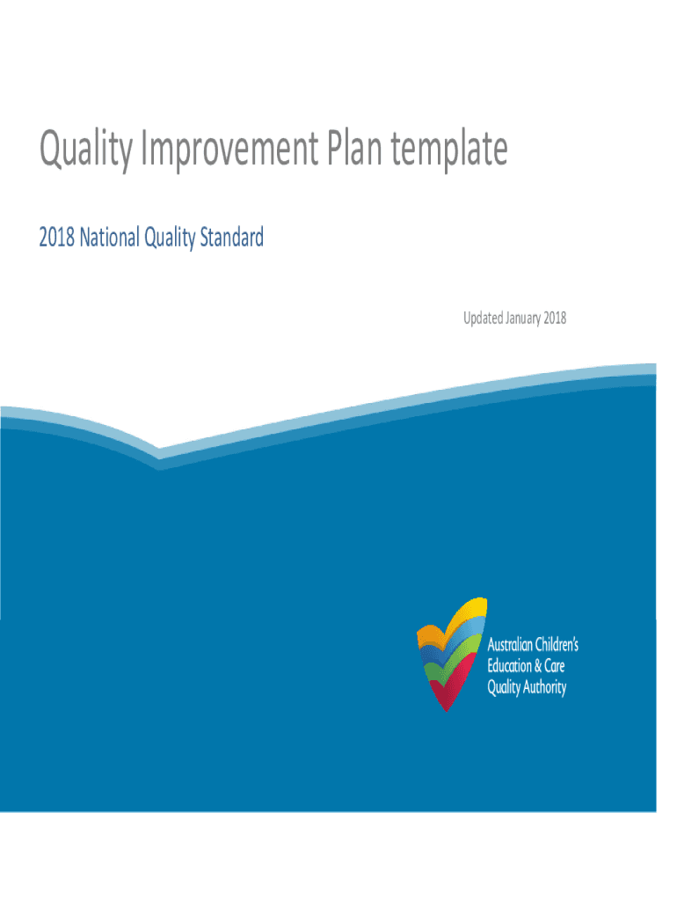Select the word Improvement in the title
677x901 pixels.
[229, 148]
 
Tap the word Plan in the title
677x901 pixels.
[354, 147]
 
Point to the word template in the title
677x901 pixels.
[449, 148]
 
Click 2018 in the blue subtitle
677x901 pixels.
[56, 238]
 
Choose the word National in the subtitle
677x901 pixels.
[109, 238]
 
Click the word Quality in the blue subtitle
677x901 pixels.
[170, 238]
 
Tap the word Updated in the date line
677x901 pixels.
[483, 318]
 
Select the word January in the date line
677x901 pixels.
[523, 319]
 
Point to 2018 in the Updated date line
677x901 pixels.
[555, 318]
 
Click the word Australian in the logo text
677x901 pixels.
[509, 645]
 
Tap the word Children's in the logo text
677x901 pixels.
[557, 645]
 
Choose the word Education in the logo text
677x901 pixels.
[509, 666]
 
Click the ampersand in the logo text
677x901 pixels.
[538, 667]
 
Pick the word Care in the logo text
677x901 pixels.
[555, 666]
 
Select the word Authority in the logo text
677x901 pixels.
[544, 687]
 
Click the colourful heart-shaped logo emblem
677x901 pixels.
[451, 655]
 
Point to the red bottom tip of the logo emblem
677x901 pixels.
[446, 709]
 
